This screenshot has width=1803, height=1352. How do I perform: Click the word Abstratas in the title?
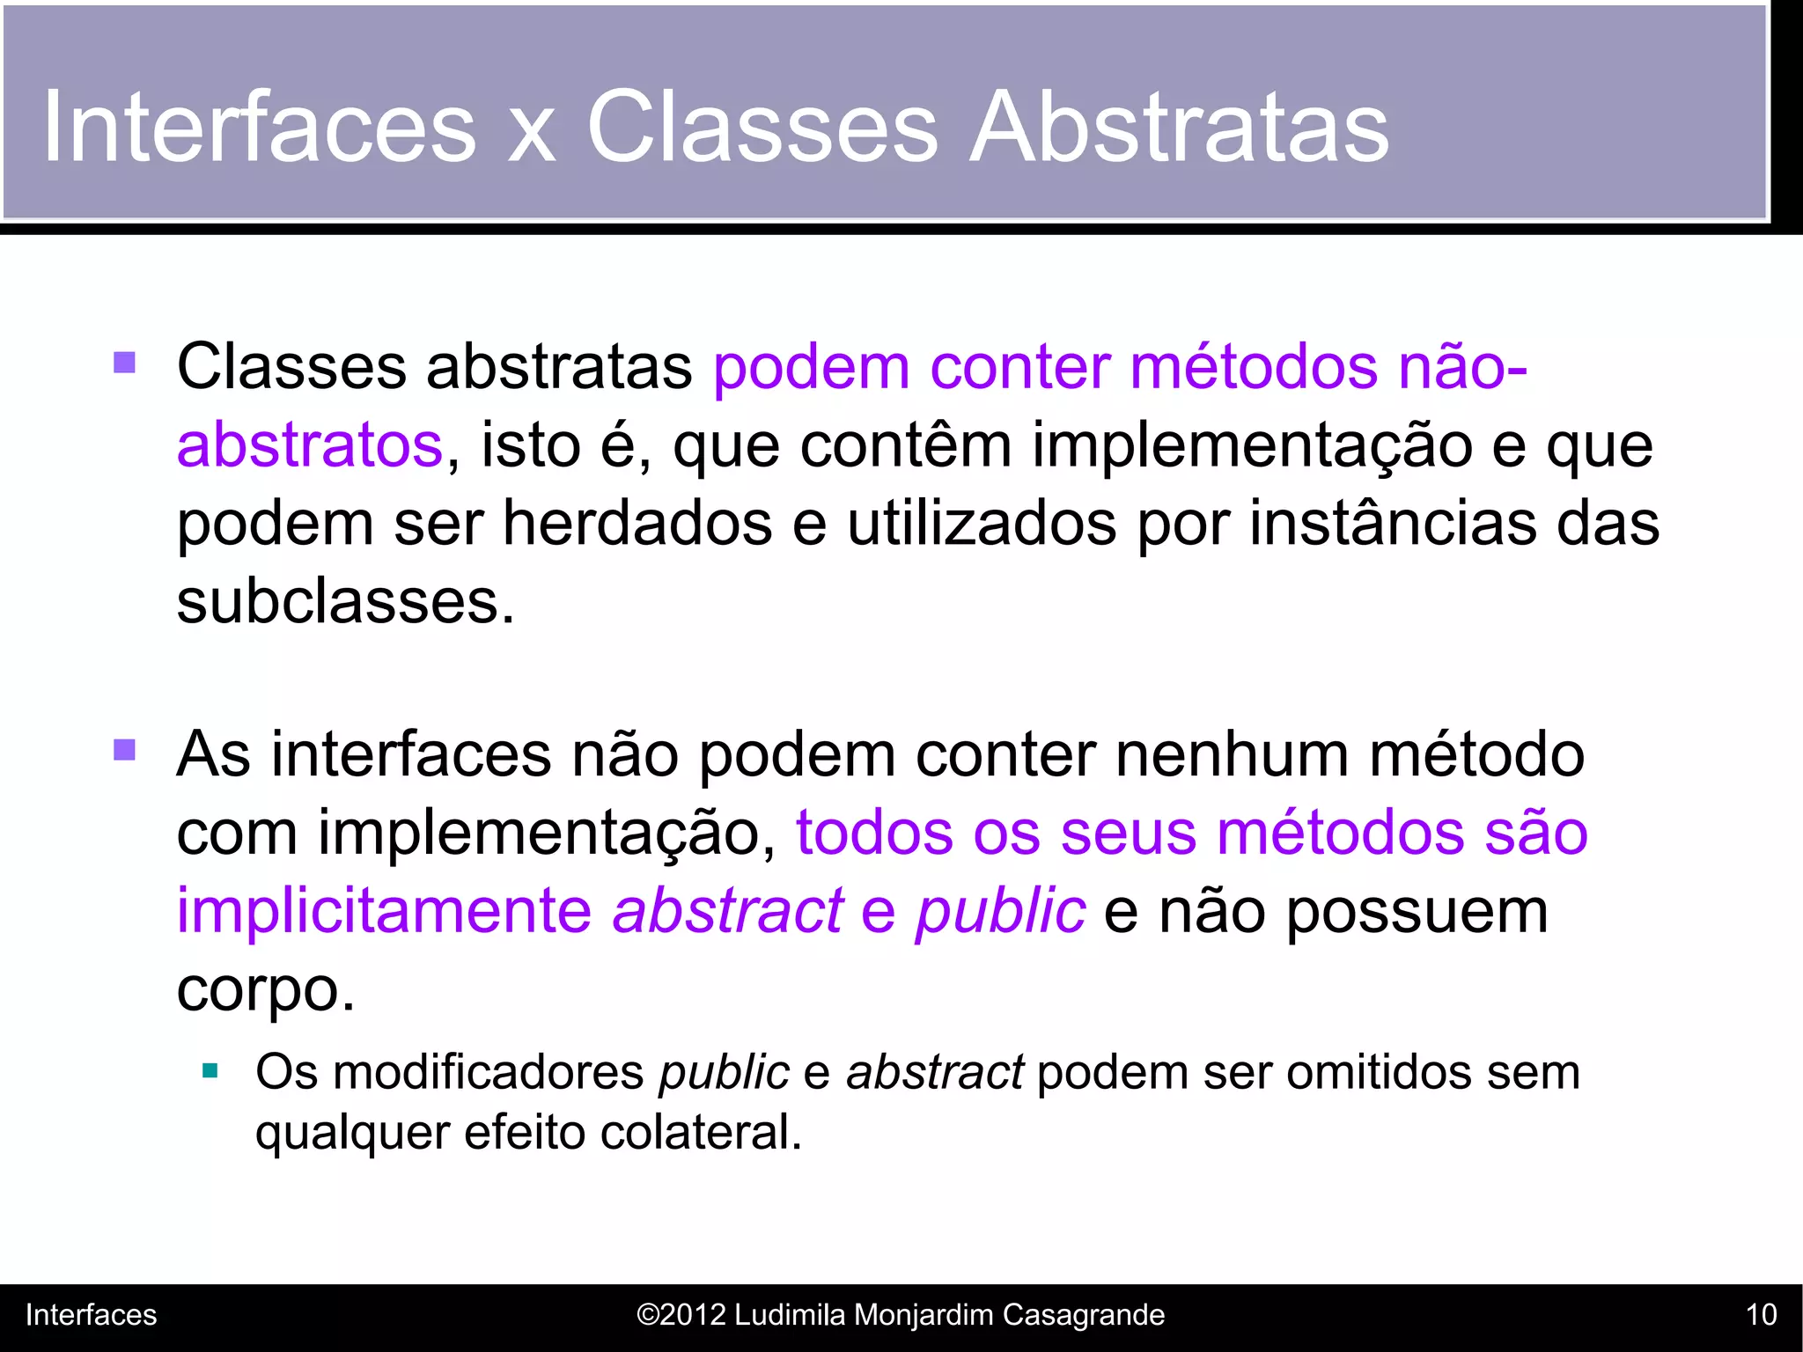pyautogui.click(x=1179, y=128)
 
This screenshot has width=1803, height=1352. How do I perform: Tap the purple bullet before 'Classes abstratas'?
pyautogui.click(x=125, y=363)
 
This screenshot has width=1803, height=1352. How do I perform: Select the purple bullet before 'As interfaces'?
pyautogui.click(x=125, y=750)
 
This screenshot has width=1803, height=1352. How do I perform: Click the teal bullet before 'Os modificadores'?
pyautogui.click(x=210, y=1071)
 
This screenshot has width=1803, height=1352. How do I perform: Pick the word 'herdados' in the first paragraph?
pyautogui.click(x=637, y=524)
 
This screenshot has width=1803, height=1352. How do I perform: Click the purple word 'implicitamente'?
pyautogui.click(x=384, y=911)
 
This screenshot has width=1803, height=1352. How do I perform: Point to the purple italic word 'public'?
pyautogui.click(x=1000, y=911)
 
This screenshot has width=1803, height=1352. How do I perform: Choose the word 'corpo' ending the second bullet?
pyautogui.click(x=259, y=990)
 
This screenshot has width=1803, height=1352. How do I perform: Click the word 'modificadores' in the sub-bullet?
pyautogui.click(x=489, y=1072)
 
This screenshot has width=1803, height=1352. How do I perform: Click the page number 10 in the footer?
pyautogui.click(x=1761, y=1315)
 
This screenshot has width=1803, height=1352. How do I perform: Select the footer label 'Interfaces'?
pyautogui.click(x=91, y=1315)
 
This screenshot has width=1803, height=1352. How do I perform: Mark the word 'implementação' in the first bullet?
pyautogui.click(x=1252, y=445)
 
